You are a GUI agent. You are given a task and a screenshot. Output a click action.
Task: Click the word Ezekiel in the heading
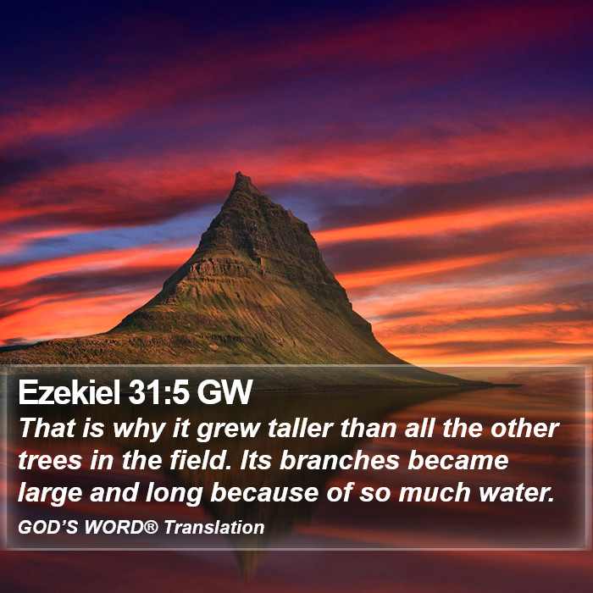click(69, 392)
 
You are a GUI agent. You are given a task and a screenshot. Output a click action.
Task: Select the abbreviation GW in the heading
click(224, 392)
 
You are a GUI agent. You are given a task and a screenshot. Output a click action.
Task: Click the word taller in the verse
click(301, 429)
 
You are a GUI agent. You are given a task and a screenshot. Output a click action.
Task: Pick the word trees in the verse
click(50, 461)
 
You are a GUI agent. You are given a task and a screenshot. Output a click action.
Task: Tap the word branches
click(340, 460)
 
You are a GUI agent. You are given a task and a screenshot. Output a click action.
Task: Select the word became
click(458, 460)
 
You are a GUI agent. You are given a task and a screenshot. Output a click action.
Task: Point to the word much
click(435, 492)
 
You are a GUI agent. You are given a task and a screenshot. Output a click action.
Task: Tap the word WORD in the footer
click(114, 527)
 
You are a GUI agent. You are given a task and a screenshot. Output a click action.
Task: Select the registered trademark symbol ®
click(151, 526)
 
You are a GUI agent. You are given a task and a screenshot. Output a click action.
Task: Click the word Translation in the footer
click(214, 527)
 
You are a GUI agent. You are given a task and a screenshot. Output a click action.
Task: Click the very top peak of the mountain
click(239, 173)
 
